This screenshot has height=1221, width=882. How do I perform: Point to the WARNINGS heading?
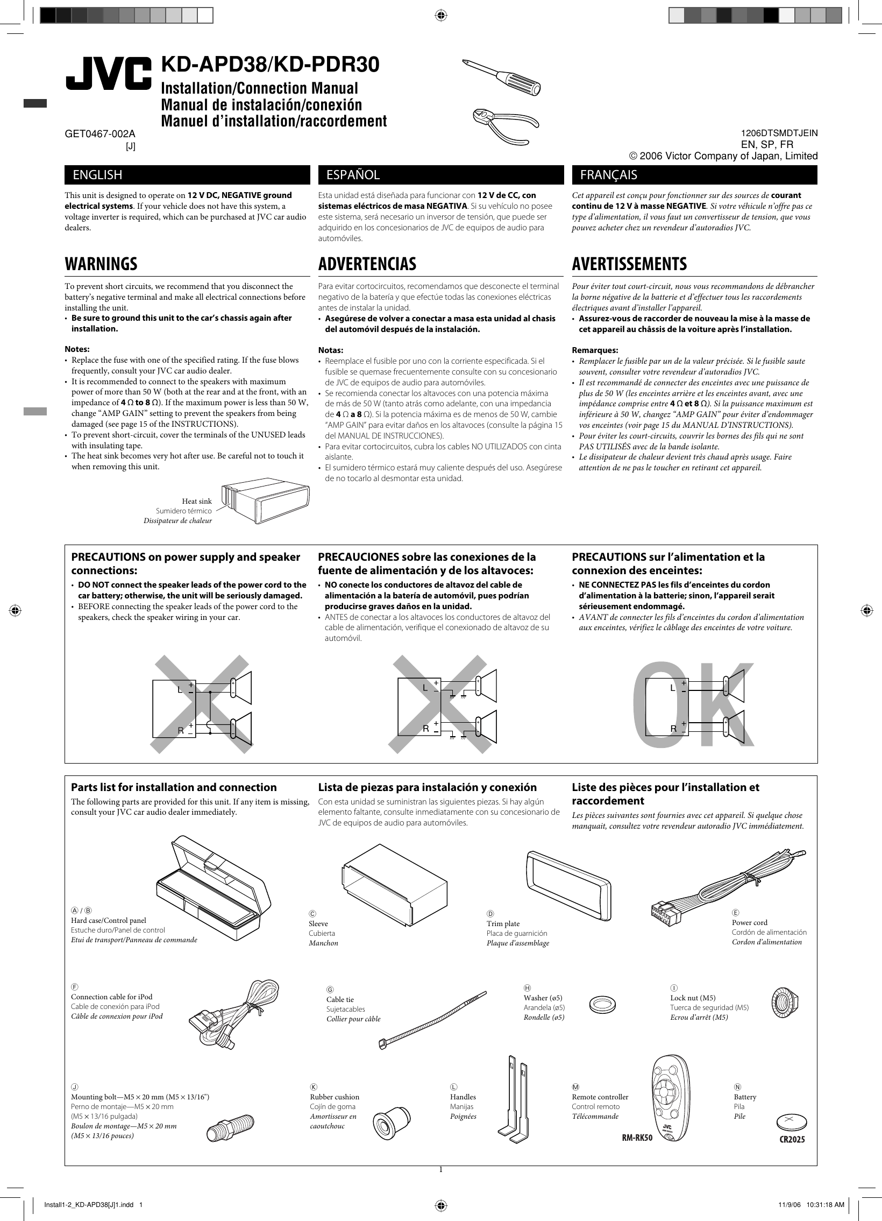pos(101,264)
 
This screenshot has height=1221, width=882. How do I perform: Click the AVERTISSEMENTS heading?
pos(629,264)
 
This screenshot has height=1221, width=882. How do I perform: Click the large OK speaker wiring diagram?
pos(694,705)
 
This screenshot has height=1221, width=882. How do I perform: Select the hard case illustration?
pos(213,888)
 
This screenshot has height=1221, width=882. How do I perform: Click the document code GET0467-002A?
pos(100,133)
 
